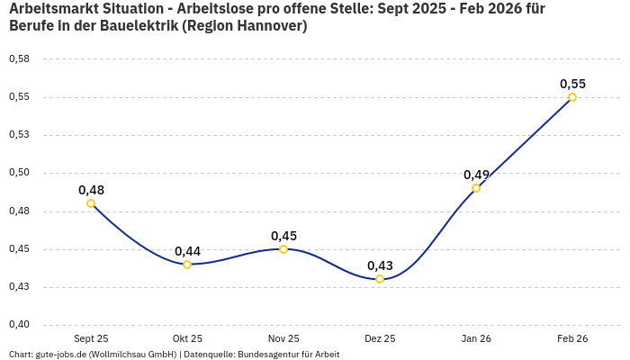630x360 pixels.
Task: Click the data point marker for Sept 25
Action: pos(91,203)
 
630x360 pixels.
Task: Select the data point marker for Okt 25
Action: pos(187,265)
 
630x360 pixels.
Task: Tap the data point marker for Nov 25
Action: pos(283,249)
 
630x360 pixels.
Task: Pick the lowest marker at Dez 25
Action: pos(380,279)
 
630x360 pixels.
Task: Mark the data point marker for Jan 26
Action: pos(476,188)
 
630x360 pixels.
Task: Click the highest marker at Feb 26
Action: pos(572,97)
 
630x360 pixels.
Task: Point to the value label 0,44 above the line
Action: pos(187,251)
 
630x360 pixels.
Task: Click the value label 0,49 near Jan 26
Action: pos(476,175)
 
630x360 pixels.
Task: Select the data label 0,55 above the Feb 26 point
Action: pos(572,84)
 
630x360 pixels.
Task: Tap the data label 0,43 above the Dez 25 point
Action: pos(380,265)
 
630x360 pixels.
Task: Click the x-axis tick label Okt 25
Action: pos(187,338)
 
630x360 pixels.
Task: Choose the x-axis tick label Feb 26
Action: pos(572,338)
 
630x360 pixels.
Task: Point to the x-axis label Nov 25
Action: pos(283,338)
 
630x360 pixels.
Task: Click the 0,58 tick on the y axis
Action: pos(19,59)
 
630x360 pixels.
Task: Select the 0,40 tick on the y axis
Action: pos(19,325)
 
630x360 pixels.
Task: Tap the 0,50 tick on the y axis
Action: pos(19,173)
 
